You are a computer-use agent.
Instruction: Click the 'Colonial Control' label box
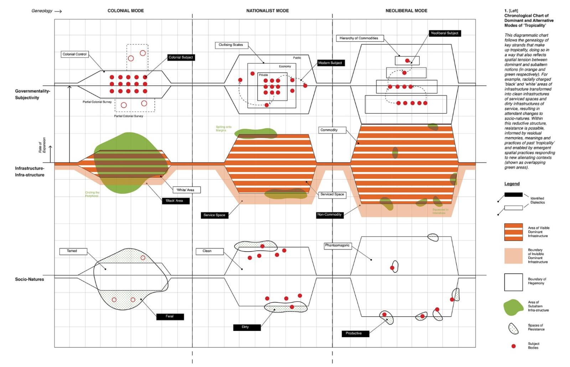coord(74,54)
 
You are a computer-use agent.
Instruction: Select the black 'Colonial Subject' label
coord(181,57)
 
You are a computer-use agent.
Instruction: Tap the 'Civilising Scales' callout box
coord(231,45)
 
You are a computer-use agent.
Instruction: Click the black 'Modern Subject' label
coord(330,63)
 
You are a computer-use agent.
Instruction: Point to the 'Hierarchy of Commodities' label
coord(359,38)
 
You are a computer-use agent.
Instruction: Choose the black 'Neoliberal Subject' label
coord(444,33)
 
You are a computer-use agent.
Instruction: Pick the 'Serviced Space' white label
coord(332,194)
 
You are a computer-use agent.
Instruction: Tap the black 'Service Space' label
coord(214,215)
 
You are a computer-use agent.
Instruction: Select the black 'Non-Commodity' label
coord(330,215)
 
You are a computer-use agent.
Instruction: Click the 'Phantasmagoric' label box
coord(337,245)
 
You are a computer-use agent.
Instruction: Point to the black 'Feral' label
coord(170,316)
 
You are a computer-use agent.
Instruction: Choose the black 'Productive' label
coord(353,333)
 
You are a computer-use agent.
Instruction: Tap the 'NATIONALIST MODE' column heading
coord(268,11)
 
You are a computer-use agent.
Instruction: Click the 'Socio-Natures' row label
coord(30,279)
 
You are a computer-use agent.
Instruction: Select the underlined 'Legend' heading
coord(512,184)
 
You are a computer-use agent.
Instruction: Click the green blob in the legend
coord(513,308)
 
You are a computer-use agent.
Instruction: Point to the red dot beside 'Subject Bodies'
coord(513,346)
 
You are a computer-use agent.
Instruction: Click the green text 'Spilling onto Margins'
coord(223,129)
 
